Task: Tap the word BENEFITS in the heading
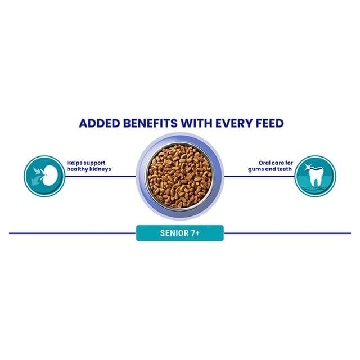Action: [x=150, y=123]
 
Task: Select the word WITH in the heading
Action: [x=196, y=123]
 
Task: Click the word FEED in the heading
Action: [x=270, y=123]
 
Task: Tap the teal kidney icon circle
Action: [x=44, y=176]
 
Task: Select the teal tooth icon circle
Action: [x=315, y=176]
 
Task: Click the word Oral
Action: [x=265, y=163]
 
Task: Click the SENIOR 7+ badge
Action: [x=180, y=233]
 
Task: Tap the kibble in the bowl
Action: [x=180, y=176]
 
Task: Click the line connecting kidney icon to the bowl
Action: [x=101, y=176]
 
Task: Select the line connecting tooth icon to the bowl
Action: [x=259, y=176]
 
